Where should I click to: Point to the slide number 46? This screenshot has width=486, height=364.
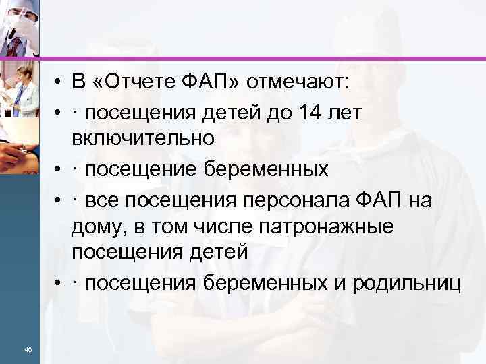[28, 349]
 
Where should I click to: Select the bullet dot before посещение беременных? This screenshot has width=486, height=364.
[60, 169]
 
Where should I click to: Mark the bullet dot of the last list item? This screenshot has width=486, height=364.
[60, 284]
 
